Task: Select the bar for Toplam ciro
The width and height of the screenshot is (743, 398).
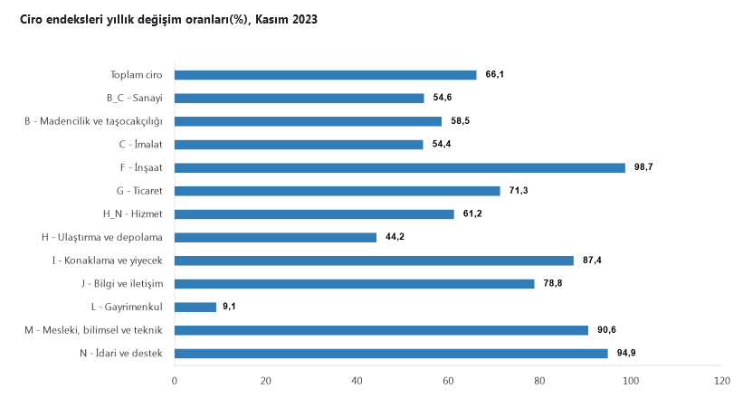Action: coord(325,75)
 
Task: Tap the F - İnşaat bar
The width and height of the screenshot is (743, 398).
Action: coord(399,167)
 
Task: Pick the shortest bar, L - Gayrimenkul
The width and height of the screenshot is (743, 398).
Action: coord(195,307)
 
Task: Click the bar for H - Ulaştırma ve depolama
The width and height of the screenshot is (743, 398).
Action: coord(275,237)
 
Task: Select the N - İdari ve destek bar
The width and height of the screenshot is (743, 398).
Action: coord(391,353)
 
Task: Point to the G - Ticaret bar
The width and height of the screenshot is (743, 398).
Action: coord(337,191)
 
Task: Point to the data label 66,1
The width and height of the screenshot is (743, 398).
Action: coord(494,75)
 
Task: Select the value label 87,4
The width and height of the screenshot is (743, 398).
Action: coord(592,261)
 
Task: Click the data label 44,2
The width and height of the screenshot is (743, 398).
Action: coord(395,237)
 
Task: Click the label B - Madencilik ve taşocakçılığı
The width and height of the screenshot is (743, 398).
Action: coord(93,121)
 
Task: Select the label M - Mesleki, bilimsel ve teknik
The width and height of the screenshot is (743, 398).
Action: coord(93,330)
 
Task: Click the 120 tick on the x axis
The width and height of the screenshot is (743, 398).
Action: coord(721,381)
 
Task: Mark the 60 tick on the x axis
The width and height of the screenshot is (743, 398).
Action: coord(448,381)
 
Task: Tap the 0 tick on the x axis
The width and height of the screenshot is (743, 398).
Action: coord(175,381)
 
